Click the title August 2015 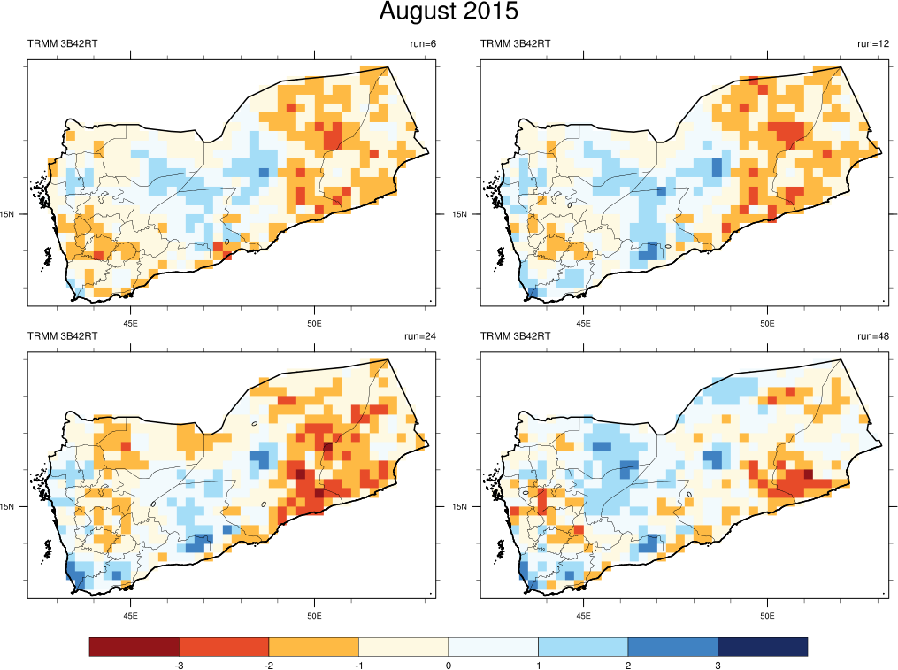(x=449, y=12)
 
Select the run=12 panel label (x=871, y=44)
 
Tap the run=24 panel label (x=418, y=336)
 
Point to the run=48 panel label (x=871, y=336)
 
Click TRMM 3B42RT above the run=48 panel (x=515, y=336)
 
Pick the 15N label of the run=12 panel (x=460, y=214)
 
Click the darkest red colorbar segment (x=134, y=647)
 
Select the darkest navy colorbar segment (x=762, y=647)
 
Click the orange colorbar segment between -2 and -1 (x=313, y=647)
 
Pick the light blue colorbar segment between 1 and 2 (x=583, y=647)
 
